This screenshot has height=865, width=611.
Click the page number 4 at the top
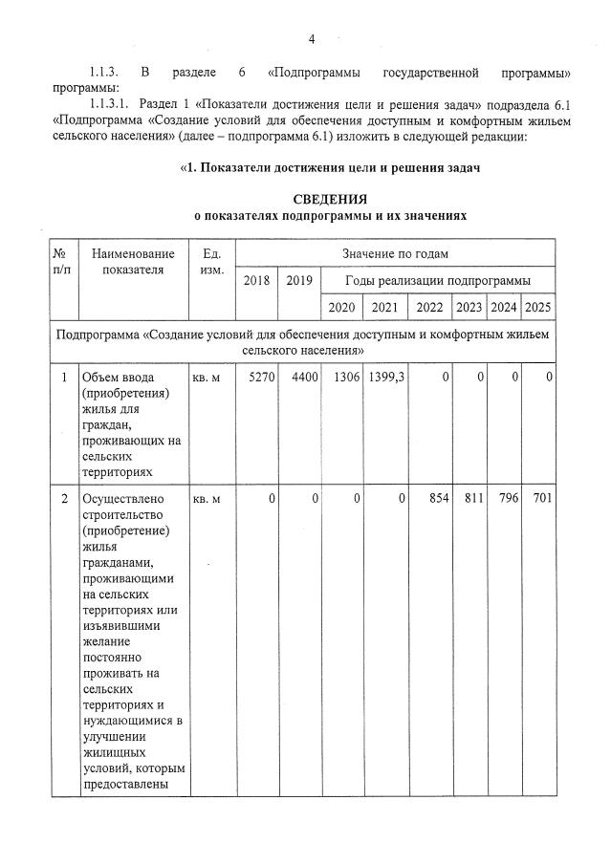pos(311,38)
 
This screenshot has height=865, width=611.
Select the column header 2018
pos(256,280)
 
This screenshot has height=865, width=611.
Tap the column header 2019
pos(299,280)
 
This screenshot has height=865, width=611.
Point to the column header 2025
pos(538,307)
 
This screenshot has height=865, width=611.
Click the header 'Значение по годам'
pos(395,253)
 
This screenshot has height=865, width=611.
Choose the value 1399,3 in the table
pos(387,378)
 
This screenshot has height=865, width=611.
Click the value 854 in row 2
pos(437,499)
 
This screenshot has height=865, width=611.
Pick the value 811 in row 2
pos(471,499)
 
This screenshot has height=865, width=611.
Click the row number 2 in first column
pos(64,499)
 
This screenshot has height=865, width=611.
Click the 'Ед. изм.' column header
pos(211,261)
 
